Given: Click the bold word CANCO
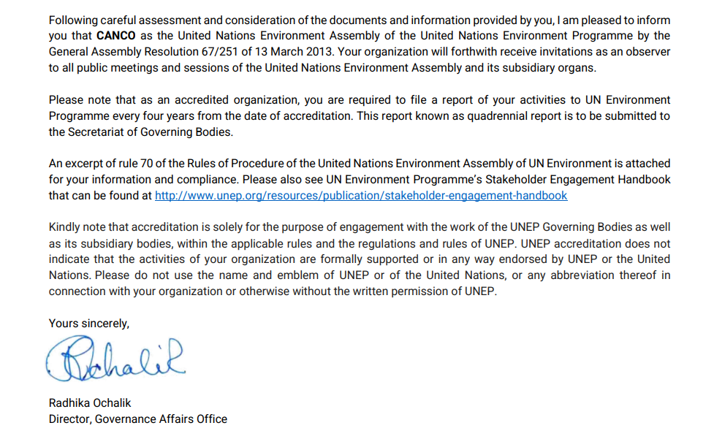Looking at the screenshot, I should click(116, 35).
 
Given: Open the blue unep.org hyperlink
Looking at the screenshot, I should click(361, 196).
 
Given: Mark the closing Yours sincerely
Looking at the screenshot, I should click(88, 323).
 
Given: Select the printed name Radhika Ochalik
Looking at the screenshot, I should click(90, 402).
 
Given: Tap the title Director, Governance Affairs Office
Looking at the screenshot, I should click(137, 419).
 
